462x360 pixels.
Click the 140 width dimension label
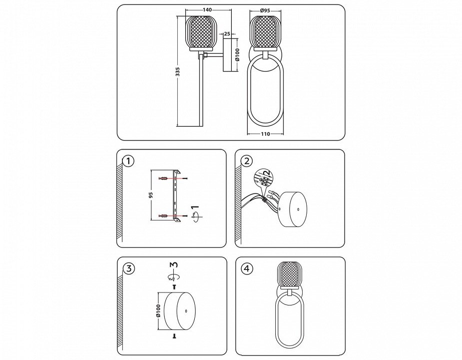207,9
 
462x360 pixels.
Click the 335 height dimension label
177,71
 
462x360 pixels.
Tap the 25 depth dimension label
227,33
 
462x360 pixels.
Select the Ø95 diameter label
265,10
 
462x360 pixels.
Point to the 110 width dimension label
265,134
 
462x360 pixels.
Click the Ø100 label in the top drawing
237,54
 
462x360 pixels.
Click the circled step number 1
128,161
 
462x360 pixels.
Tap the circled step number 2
247,161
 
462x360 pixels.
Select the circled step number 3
128,268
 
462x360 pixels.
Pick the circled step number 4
247,268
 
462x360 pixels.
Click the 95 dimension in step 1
151,195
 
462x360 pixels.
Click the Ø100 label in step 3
158,311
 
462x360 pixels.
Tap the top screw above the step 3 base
174,286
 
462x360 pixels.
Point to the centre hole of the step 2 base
298,209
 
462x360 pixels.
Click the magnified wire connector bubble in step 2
264,178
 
